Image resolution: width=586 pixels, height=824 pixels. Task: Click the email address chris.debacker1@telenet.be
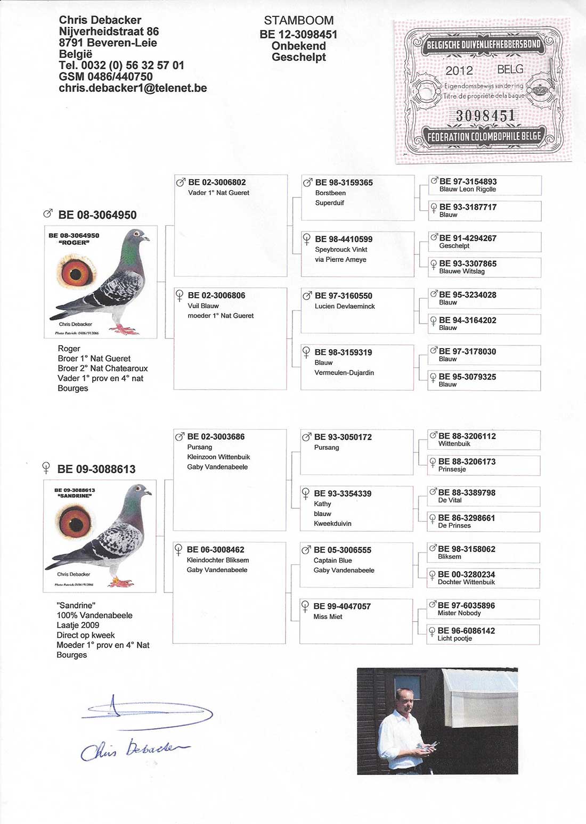[x=133, y=88]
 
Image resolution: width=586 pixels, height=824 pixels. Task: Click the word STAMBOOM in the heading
[x=298, y=21]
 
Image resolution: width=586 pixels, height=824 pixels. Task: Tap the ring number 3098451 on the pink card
[x=485, y=116]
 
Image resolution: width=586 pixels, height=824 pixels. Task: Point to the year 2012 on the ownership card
[x=459, y=71]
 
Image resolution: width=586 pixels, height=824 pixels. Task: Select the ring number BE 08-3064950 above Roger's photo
[x=97, y=215]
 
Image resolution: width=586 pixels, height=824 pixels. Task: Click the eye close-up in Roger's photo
[x=76, y=274]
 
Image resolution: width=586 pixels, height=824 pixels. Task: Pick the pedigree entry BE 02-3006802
[x=217, y=183]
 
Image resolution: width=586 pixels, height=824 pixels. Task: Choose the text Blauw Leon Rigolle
[x=467, y=189]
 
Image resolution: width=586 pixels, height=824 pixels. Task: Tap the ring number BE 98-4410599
[x=344, y=240]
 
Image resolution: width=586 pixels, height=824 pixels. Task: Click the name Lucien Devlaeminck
[x=345, y=307]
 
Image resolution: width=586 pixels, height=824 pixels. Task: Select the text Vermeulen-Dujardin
[x=344, y=373]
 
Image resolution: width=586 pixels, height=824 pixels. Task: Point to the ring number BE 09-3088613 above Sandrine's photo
[x=96, y=469]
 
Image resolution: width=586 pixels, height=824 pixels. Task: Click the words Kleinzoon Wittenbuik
[x=218, y=457]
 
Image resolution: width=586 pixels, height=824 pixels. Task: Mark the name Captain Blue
[x=332, y=561]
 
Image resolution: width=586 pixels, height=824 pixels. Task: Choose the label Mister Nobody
[x=459, y=613]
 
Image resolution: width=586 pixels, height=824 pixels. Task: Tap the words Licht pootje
[x=454, y=639]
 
